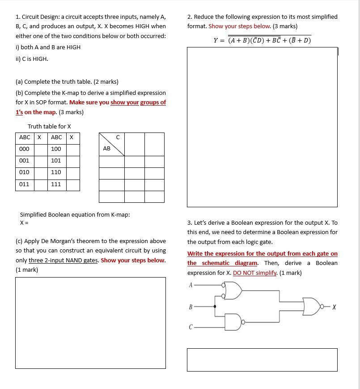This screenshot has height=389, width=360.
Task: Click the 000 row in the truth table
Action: pos(25,149)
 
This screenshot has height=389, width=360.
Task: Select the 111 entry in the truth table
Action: pos(56,184)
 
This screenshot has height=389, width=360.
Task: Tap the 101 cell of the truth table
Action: pos(56,161)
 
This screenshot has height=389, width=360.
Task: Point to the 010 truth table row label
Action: pos(25,172)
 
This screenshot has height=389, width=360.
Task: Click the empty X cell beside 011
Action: pos(41,184)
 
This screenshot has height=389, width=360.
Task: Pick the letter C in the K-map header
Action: pos(118,137)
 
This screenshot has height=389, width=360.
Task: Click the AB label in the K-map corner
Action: pos(106,149)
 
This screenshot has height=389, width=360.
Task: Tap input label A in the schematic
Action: pos(191,285)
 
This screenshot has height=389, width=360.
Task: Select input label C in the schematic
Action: pos(191,327)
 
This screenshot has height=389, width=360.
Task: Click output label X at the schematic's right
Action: pos(334,307)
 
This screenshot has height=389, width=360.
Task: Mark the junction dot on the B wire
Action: pos(215,307)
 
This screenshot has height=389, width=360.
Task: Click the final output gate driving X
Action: pos(312,306)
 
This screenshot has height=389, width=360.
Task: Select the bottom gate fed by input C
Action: pos(233,322)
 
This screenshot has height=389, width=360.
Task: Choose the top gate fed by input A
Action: pos(233,291)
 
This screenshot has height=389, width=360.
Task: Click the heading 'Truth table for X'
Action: pos(49,127)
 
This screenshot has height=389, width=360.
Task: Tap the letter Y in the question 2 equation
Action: pos(216,41)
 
